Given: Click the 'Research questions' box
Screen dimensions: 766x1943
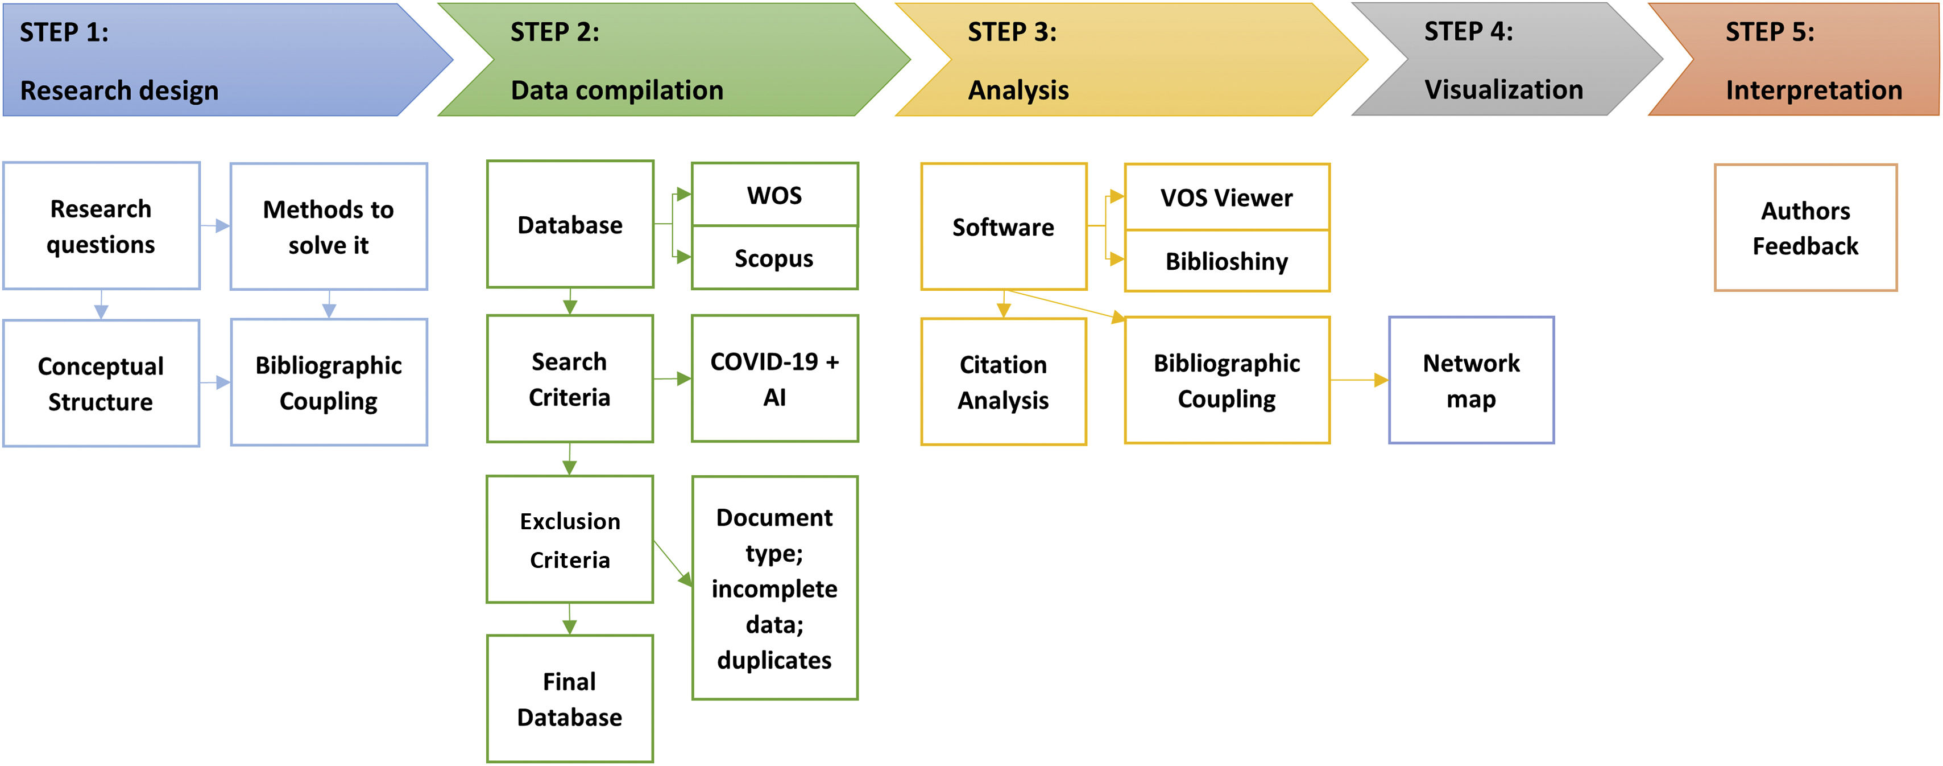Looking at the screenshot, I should tap(101, 226).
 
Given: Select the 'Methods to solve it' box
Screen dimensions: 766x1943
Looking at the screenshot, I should tap(328, 226).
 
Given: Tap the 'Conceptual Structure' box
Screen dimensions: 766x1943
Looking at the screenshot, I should tap(101, 384).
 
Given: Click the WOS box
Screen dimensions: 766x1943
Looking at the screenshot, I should tap(774, 195).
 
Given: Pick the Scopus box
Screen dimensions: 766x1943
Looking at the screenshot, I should tap(774, 258).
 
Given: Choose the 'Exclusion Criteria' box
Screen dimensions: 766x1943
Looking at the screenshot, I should tap(569, 539).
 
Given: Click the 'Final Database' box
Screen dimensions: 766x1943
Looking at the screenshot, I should tap(569, 699).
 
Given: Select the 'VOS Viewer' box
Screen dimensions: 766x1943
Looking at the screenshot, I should tap(1227, 197).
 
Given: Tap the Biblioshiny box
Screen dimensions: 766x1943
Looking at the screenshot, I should tap(1227, 261).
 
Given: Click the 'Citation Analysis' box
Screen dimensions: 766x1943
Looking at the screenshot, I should tap(1003, 382).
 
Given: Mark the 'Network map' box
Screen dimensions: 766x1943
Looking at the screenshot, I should tap(1471, 380).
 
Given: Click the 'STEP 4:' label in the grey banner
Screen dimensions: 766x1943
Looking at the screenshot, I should tap(1468, 32).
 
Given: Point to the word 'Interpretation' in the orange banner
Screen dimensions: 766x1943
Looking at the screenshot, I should tap(1813, 90).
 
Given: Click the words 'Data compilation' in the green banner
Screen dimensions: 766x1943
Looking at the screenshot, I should tap(617, 90).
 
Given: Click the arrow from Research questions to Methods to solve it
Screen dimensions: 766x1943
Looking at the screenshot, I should tap(215, 226).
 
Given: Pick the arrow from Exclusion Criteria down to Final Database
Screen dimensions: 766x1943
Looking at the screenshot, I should tap(569, 619).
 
